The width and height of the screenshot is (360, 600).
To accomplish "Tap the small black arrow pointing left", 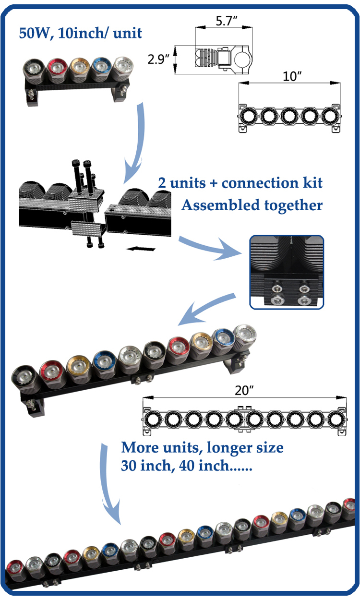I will coord(142,249).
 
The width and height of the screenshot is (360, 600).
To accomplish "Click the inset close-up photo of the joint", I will coord(287,271).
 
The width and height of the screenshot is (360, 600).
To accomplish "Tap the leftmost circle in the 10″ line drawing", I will coord(250,116).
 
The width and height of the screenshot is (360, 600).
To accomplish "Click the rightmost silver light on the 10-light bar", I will coord(245,335).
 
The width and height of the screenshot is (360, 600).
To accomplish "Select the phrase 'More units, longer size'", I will coord(202,448).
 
